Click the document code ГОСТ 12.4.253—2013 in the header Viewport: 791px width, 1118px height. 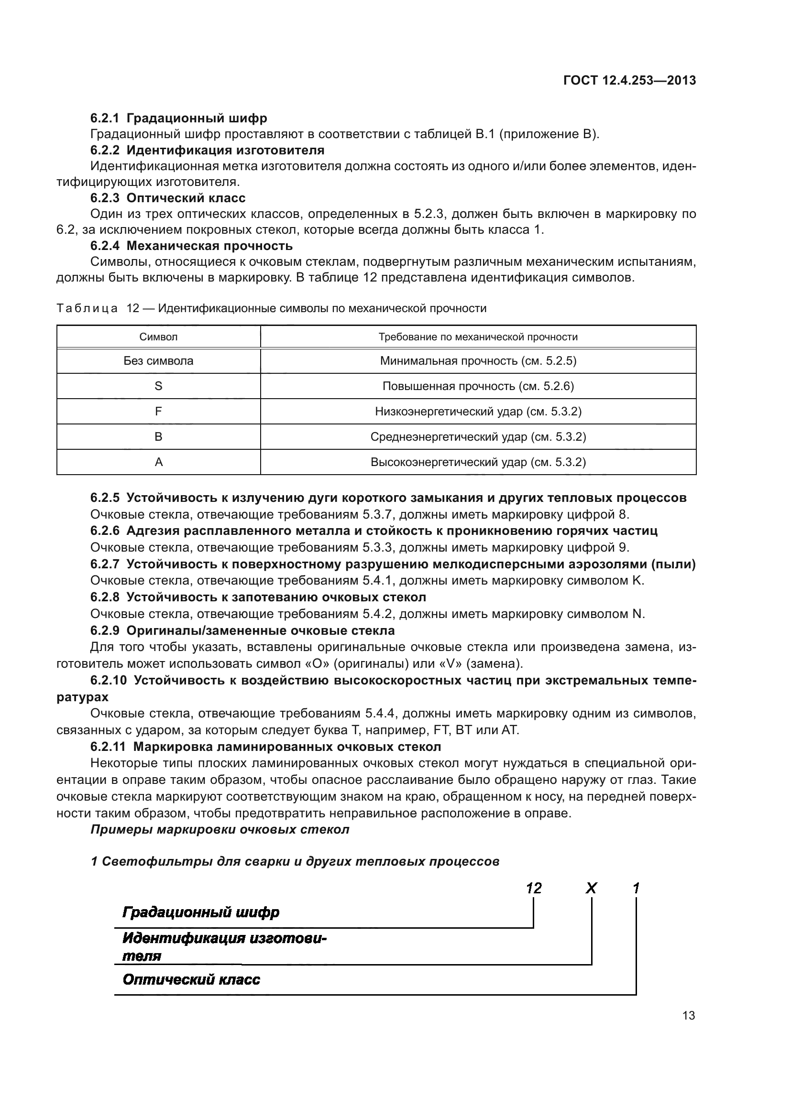click(629, 80)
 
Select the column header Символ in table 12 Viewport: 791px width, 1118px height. click(158, 337)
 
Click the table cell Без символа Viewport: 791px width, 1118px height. click(158, 361)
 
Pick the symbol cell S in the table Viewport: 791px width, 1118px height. click(158, 386)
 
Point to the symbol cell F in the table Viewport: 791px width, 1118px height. click(158, 412)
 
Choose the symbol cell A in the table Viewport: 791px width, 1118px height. click(158, 462)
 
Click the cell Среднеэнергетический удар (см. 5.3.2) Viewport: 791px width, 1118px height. click(478, 437)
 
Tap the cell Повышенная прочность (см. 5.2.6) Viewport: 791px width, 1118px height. click(478, 386)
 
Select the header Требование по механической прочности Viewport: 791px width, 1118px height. click(478, 337)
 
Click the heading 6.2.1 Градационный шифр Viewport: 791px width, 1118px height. click(178, 118)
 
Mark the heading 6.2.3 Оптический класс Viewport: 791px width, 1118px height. click(167, 198)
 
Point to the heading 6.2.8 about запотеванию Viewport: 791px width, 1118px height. click(258, 597)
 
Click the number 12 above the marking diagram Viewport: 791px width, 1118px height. click(534, 889)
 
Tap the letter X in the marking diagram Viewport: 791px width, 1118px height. click(591, 889)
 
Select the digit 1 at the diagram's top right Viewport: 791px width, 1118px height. click(636, 889)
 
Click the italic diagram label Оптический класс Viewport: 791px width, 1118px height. click(191, 979)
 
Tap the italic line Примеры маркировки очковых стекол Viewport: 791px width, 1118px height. click(220, 829)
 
